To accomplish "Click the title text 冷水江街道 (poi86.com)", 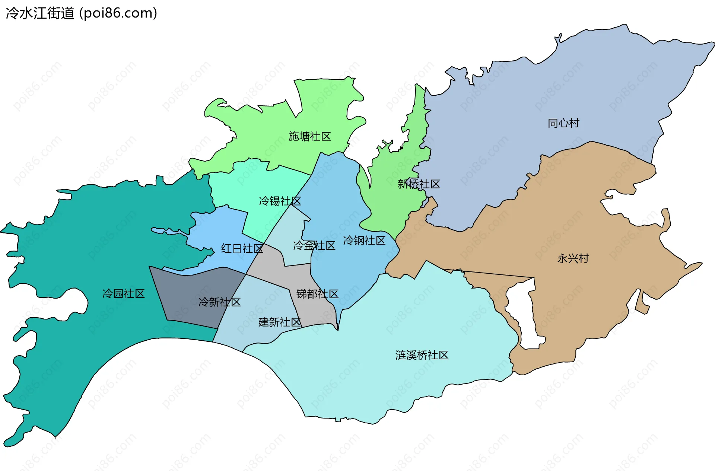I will point(81,13).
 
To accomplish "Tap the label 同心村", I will point(563,123).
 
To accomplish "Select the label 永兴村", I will point(573,258).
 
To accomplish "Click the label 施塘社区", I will point(309,137).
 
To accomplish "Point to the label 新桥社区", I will point(419,184).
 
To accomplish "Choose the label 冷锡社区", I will point(280,201).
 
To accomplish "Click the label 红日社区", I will point(242,249).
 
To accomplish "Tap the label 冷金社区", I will point(314,246).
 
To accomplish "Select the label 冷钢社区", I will point(364,241).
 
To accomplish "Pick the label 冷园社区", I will point(123,294).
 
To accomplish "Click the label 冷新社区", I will point(219,302).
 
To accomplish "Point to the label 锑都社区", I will point(317,294).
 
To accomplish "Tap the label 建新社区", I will point(279,322).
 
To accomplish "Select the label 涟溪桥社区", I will point(422,355).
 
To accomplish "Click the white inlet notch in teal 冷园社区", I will point(74,302).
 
